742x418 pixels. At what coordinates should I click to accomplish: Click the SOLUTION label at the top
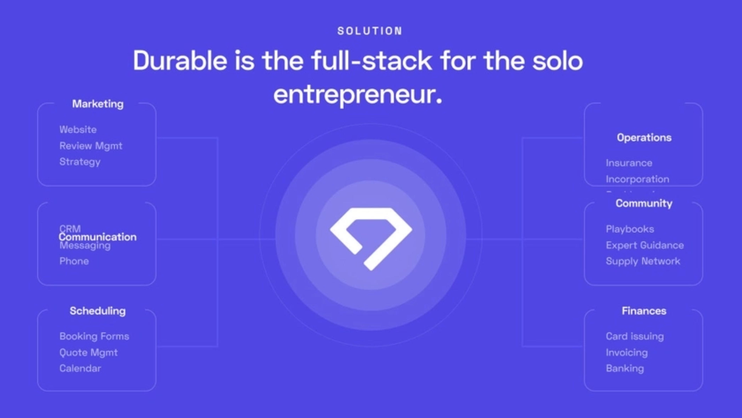(x=370, y=31)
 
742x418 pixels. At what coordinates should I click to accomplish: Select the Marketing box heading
(x=98, y=104)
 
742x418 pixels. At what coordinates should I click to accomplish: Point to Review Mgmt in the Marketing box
(x=91, y=146)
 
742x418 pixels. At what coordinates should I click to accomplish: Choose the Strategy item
(x=80, y=162)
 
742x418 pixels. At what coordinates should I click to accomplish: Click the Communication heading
(x=98, y=237)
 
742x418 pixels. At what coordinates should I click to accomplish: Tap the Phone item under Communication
(x=74, y=261)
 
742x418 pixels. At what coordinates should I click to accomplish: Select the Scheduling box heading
(x=98, y=311)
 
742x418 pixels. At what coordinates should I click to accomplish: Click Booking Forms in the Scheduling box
(x=94, y=336)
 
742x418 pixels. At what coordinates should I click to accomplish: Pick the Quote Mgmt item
(x=88, y=352)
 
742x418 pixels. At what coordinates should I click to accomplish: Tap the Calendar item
(x=80, y=369)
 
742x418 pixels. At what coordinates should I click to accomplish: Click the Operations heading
(x=644, y=137)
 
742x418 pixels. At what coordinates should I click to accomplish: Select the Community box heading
(x=644, y=203)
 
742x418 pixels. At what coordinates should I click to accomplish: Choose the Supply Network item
(x=643, y=261)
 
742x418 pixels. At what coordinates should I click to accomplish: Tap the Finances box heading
(x=644, y=311)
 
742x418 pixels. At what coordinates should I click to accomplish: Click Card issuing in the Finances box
(x=635, y=336)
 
